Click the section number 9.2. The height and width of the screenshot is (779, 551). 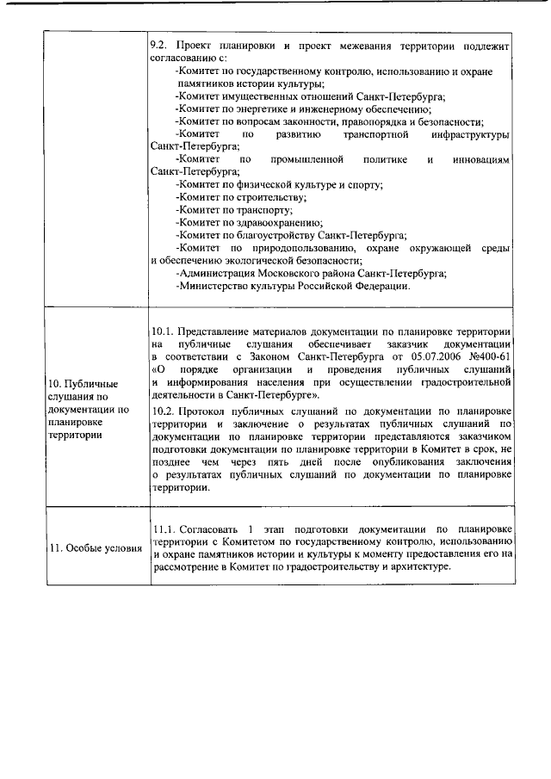pyautogui.click(x=160, y=43)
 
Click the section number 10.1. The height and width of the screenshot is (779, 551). pyautogui.click(x=163, y=331)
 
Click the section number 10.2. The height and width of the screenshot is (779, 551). pyautogui.click(x=163, y=412)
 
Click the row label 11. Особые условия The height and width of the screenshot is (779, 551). pyautogui.click(x=96, y=549)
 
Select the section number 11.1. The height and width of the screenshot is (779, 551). pyautogui.click(x=164, y=529)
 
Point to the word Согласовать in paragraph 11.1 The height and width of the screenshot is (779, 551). pyautogui.click(x=208, y=529)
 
